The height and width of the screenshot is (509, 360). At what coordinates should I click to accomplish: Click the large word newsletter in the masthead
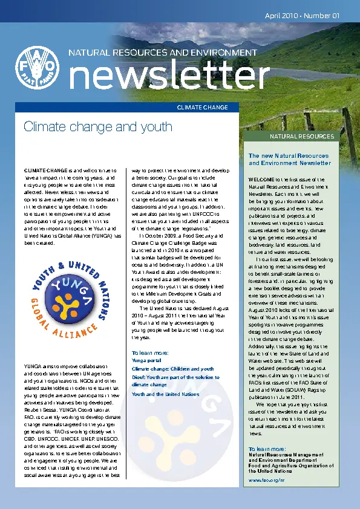(x=169, y=77)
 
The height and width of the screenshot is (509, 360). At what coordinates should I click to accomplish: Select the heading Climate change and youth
(x=97, y=127)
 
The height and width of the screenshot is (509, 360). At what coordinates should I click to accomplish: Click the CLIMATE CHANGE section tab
(x=202, y=108)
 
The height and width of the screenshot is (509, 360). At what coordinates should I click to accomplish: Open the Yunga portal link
(x=146, y=360)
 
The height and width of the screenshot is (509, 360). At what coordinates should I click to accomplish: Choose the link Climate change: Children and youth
(x=172, y=369)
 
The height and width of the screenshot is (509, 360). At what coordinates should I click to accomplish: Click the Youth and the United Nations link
(x=165, y=394)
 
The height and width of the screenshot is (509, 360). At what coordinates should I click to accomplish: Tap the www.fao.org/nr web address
(x=267, y=480)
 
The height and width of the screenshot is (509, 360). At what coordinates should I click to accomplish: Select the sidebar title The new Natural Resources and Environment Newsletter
(x=290, y=160)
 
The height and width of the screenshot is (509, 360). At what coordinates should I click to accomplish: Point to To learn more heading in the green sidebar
(x=267, y=449)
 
